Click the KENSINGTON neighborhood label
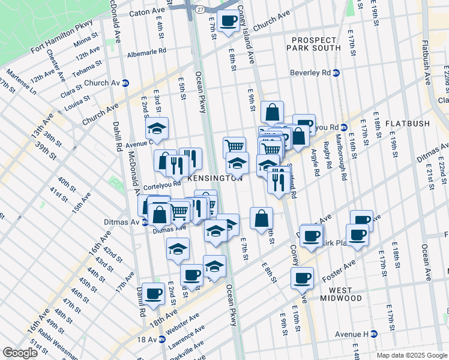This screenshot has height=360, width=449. click(x=215, y=178)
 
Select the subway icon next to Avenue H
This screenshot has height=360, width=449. click(x=373, y=334)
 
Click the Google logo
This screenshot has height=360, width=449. click(x=20, y=352)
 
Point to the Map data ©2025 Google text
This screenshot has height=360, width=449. click(x=411, y=355)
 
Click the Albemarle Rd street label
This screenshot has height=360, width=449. click(x=147, y=52)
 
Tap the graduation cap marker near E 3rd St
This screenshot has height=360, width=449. click(x=157, y=128)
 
